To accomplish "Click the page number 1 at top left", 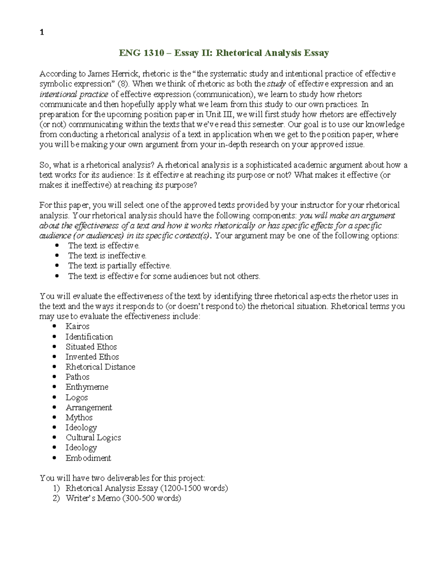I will [x=42, y=32].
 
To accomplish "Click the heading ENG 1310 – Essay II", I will [x=224, y=53].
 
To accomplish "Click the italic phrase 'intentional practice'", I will [x=74, y=94].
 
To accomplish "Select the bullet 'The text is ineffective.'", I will [x=107, y=256].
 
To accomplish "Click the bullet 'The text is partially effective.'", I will [x=119, y=266].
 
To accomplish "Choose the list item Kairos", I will [x=77, y=326].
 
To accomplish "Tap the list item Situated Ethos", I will [x=91, y=347].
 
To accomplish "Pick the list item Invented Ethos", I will [x=92, y=357].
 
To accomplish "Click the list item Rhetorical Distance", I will [x=100, y=367].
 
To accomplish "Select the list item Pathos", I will [x=77, y=377].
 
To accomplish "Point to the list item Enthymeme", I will [x=87, y=387].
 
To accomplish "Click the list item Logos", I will [x=77, y=398].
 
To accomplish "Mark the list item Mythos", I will [x=79, y=418].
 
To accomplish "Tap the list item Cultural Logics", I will [x=93, y=438].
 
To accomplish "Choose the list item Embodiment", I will [x=88, y=458].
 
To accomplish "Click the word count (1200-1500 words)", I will [x=194, y=488].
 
